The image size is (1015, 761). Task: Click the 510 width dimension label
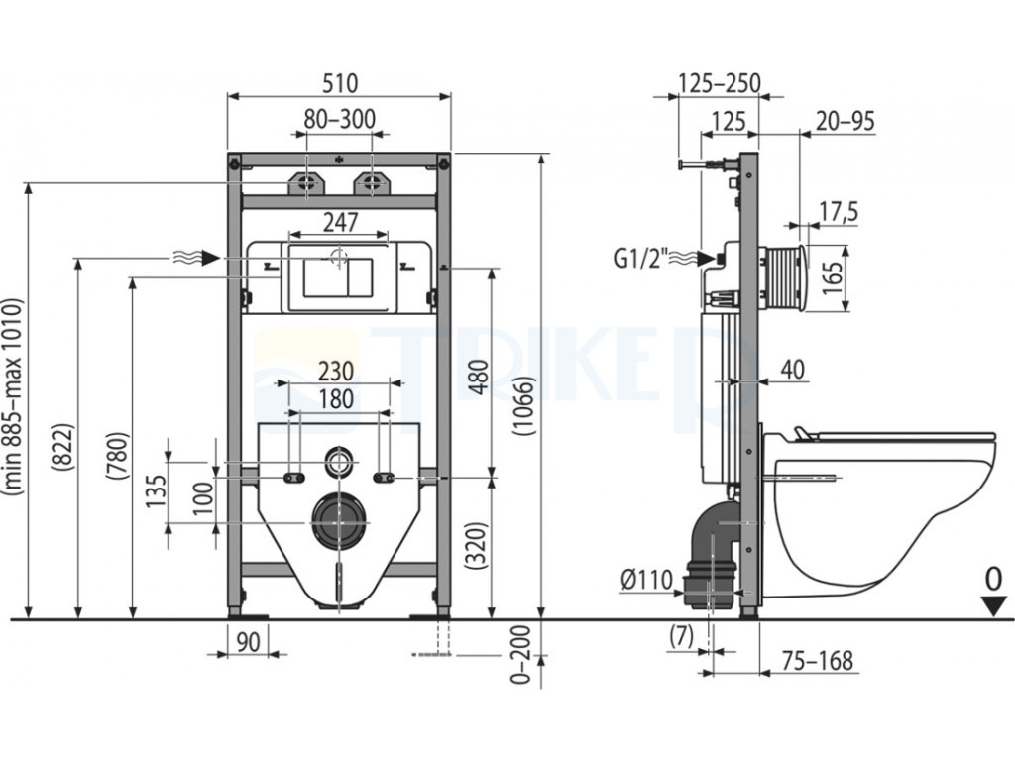[x=340, y=84]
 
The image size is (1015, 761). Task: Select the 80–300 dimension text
[x=340, y=119]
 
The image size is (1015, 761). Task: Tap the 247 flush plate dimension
[x=341, y=222]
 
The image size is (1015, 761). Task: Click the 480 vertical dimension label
[x=479, y=378]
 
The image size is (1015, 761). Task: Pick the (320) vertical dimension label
[x=477, y=546]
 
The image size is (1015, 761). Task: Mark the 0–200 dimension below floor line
[x=521, y=655]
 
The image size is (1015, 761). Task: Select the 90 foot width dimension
[x=248, y=641]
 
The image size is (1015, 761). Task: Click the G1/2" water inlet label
[x=640, y=259]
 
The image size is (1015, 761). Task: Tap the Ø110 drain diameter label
[x=646, y=579]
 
